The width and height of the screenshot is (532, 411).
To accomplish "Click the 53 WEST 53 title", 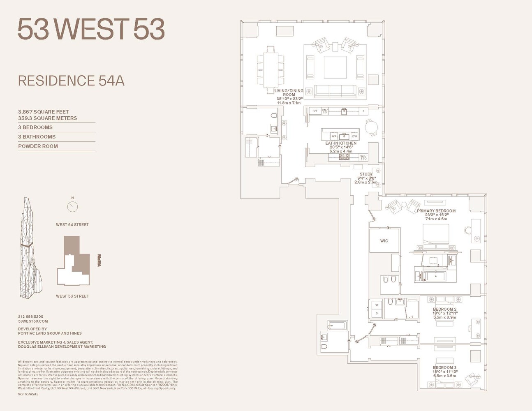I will point(91,29).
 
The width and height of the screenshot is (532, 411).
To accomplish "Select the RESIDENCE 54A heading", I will point(71,81).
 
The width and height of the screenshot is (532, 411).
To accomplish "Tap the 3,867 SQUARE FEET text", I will point(44,112).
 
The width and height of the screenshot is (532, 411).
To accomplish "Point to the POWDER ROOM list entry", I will point(38,146).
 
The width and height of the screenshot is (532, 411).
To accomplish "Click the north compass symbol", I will point(72,206).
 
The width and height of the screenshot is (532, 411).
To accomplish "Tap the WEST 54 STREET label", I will point(72,224).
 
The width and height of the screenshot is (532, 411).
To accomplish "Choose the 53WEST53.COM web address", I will point(33,321).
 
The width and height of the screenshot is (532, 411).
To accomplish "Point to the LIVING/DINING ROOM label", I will point(289,92).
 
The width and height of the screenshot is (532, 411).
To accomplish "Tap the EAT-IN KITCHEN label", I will point(341,143).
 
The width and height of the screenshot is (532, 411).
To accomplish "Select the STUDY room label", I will point(366,174).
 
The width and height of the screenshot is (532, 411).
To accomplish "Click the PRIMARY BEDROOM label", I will point(436,211).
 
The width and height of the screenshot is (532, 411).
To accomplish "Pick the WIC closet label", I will point(384,241).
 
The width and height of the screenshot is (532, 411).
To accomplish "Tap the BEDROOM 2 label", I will point(444,309).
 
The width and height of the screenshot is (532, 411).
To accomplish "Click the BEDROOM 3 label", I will point(444,367).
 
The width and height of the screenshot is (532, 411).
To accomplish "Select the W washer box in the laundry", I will point(376,305).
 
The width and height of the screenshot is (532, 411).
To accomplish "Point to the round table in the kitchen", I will point(372,127).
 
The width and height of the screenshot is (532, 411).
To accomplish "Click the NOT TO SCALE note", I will point(28,394).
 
